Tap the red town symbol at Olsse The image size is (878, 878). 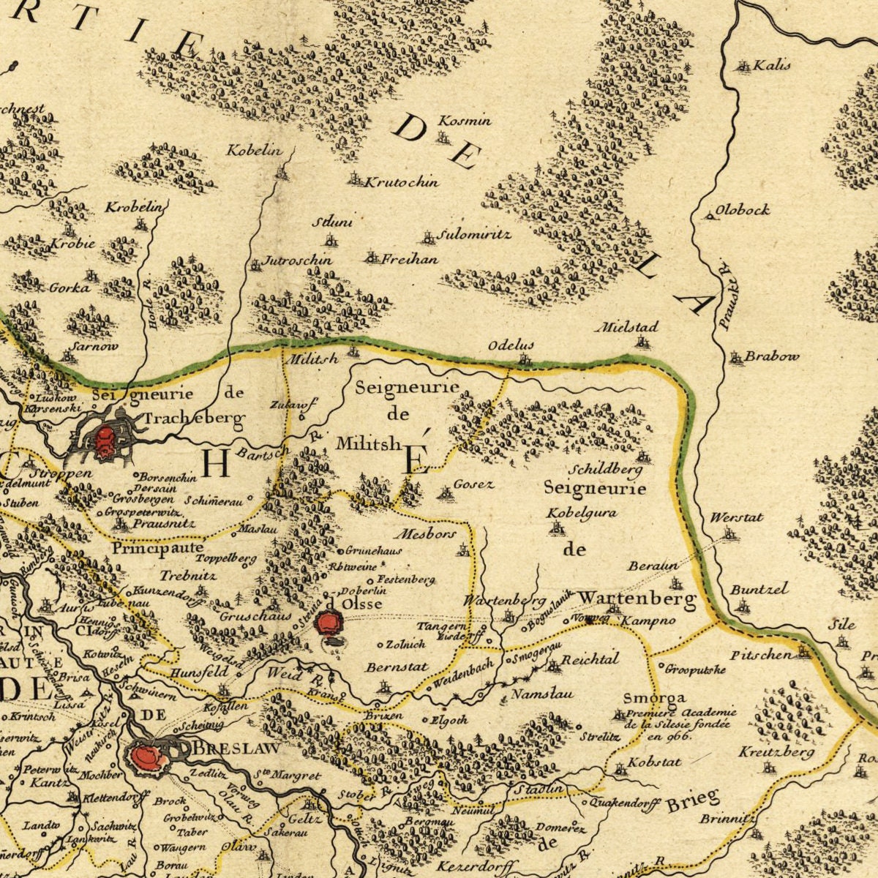click(329, 623)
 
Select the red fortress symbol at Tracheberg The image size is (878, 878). click(104, 441)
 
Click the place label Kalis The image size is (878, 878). click(772, 65)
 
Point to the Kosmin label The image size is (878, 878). click(465, 121)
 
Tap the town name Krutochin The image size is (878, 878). click(402, 181)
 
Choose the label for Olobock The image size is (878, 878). click(743, 210)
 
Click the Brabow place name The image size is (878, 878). click(772, 357)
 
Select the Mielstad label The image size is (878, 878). click(628, 326)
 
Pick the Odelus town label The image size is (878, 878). click(511, 345)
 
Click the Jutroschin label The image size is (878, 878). click(297, 260)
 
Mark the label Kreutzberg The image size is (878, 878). click(776, 752)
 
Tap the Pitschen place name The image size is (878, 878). click(761, 655)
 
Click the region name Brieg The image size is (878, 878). click(692, 800)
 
